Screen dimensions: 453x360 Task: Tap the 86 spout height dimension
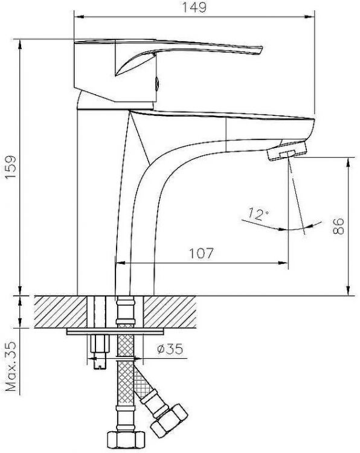[339, 225]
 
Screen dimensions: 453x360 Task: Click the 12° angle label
[257, 213]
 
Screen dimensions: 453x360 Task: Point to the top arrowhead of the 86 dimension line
[349, 159]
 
